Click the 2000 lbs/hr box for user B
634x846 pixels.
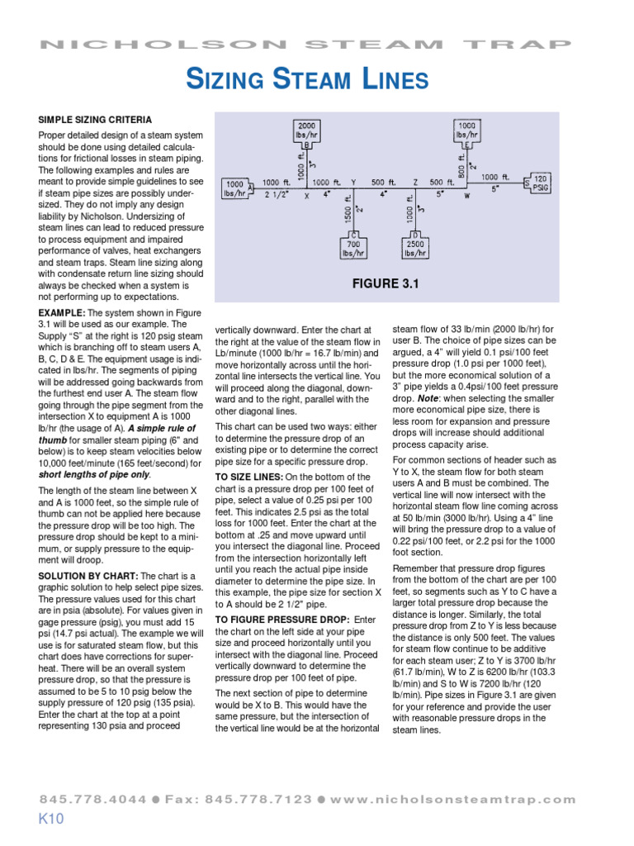(307, 130)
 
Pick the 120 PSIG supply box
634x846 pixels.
(540, 183)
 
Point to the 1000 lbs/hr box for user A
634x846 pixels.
(234, 188)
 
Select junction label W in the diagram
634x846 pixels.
(466, 197)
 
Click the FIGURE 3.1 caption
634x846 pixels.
(386, 284)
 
